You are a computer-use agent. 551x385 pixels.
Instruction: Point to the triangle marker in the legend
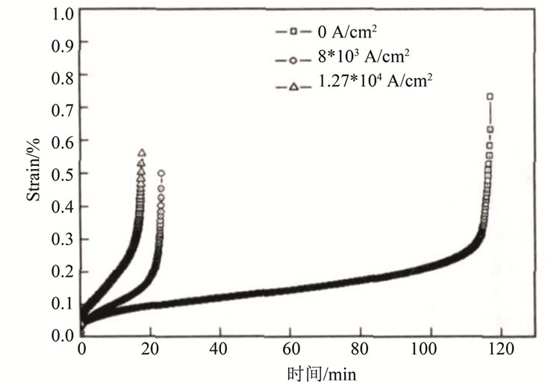tap(294, 87)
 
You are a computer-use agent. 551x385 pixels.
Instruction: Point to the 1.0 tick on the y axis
tap(64, 13)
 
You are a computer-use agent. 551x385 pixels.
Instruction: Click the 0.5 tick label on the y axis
tap(64, 174)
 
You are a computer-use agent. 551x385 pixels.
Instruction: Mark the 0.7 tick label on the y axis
tap(64, 110)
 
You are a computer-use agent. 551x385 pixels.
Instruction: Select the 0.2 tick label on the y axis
tap(64, 271)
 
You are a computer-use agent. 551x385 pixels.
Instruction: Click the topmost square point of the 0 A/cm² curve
tap(490, 96)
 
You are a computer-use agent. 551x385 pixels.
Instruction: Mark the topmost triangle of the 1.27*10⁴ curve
tap(141, 153)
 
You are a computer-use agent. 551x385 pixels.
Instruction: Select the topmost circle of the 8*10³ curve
tap(161, 173)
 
